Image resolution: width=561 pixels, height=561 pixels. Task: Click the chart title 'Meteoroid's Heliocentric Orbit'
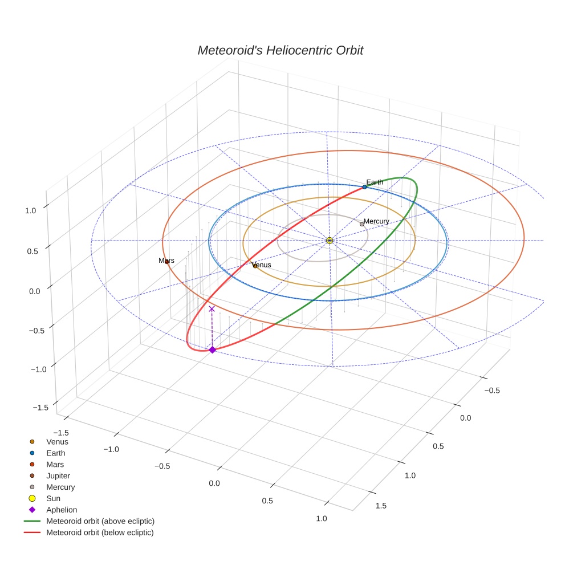coord(280,50)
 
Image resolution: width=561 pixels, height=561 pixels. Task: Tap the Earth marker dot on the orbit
coord(364,187)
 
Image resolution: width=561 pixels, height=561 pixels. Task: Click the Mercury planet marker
coord(362,224)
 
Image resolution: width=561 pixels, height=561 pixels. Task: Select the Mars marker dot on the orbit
coord(166,262)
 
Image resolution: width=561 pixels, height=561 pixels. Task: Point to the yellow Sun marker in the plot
coord(330,241)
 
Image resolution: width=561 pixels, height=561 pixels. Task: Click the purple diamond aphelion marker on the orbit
coord(212,349)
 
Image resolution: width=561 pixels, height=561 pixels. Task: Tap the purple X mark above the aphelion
coord(212,308)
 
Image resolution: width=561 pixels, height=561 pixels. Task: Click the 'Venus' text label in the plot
coord(262,265)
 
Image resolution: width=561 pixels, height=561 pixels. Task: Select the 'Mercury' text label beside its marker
coord(376,221)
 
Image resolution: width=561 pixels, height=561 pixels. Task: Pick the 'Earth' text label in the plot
coord(375,182)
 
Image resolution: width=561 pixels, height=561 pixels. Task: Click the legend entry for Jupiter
coord(58,475)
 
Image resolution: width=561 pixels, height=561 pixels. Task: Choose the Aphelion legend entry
coord(62,510)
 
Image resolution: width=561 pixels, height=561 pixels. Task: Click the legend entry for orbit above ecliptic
coord(100,521)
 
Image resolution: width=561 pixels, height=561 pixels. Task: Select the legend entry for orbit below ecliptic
coord(100,532)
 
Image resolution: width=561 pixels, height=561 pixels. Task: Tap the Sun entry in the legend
coord(53,498)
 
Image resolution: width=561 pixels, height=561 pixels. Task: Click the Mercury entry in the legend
coord(60,487)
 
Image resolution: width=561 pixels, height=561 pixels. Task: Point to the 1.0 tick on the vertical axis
coord(30,210)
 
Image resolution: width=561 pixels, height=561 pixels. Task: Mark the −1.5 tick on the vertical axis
coord(40,407)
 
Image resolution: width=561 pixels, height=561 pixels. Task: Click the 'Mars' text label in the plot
coord(166,261)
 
